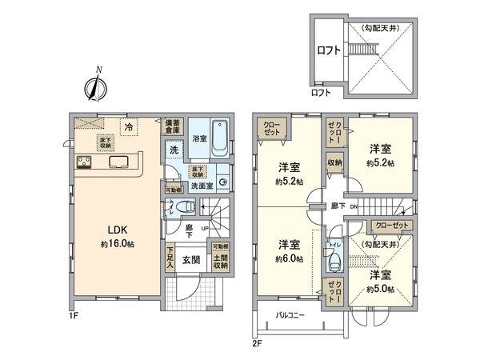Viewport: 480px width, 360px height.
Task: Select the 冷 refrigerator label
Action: tap(128, 126)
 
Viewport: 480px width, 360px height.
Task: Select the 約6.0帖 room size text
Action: tap(289, 259)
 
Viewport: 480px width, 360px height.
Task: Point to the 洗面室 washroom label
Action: tap(200, 186)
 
